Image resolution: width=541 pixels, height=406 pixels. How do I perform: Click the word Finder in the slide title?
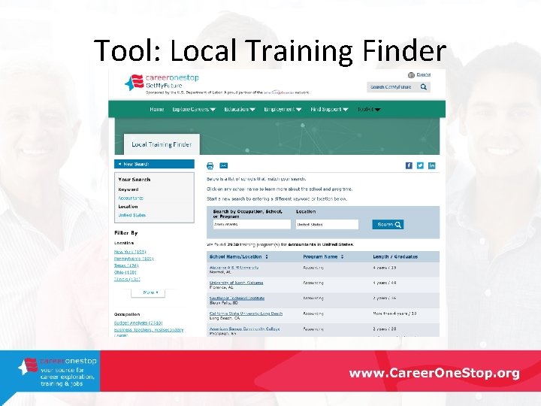tap(403, 51)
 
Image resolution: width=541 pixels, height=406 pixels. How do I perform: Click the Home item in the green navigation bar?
tap(156, 109)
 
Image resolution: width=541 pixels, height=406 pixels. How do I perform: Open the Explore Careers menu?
tap(194, 109)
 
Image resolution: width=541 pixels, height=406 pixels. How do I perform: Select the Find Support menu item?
tap(329, 109)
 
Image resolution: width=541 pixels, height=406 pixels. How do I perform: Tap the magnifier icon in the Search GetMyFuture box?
tap(424, 87)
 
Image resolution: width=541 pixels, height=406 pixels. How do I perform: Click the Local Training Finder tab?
tap(162, 144)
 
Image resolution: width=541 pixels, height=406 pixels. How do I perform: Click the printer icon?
tap(210, 165)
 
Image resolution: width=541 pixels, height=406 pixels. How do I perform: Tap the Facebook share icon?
tap(409, 165)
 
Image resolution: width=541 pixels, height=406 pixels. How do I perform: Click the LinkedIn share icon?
tap(432, 165)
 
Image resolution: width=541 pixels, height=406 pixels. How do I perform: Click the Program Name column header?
tap(322, 256)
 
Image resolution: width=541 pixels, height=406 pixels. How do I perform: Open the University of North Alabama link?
tap(234, 282)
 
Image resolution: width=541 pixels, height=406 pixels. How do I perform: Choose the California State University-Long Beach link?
tap(246, 313)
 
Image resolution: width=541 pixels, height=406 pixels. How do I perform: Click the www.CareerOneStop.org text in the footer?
tap(434, 373)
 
